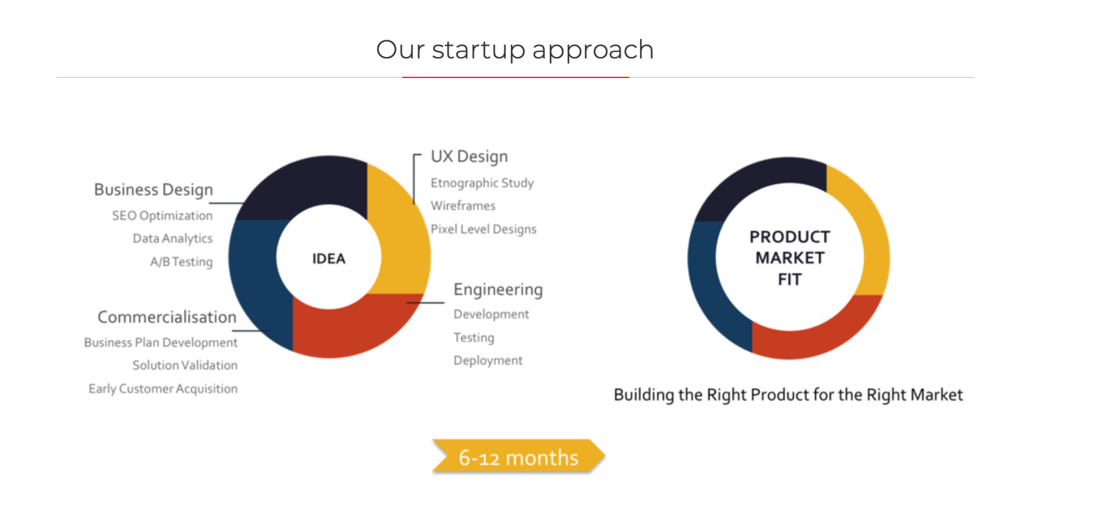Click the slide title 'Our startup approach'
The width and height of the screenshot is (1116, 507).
(x=514, y=49)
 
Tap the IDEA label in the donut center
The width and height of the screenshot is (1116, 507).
(x=328, y=259)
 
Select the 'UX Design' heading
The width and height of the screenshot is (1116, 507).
(x=469, y=157)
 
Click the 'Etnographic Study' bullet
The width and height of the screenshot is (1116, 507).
(x=482, y=183)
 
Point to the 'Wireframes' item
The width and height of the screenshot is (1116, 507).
(x=462, y=206)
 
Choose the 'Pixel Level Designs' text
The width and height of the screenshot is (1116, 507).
(x=483, y=230)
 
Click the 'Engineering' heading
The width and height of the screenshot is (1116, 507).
(x=498, y=290)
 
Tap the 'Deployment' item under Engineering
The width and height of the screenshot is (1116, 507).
(x=487, y=361)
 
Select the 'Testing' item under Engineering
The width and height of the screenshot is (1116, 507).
(x=474, y=337)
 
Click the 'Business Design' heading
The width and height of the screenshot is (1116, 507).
(x=153, y=190)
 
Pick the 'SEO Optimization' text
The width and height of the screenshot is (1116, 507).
(x=162, y=216)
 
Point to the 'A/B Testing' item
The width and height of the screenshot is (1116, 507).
(x=181, y=262)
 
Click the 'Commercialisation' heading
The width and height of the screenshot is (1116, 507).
(x=167, y=317)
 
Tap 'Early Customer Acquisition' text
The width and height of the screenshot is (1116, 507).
(x=163, y=389)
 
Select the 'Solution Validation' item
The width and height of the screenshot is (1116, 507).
(x=185, y=366)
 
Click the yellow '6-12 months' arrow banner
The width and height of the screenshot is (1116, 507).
(x=518, y=458)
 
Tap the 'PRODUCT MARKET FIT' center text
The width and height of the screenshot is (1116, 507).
(x=789, y=258)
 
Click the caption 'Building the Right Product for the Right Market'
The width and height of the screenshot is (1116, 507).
(x=788, y=395)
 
